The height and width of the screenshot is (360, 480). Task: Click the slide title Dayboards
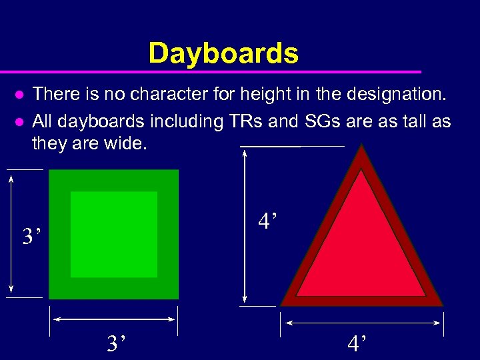pos(223,53)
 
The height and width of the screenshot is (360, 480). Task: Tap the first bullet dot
pos(20,95)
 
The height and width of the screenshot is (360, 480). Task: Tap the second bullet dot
pos(20,123)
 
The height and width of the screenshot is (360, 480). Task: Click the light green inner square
pos(114,234)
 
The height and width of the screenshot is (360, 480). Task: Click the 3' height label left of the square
pos(31,236)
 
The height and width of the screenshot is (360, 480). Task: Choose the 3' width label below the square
pos(117,343)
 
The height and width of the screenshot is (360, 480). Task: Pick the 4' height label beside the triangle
pos(268,221)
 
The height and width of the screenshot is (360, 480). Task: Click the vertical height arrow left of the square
pos(11,234)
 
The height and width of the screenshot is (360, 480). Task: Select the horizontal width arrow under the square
pos(114,319)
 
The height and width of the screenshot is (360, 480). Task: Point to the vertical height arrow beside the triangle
pos(246,227)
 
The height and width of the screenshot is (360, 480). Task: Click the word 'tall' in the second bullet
pos(412,122)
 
